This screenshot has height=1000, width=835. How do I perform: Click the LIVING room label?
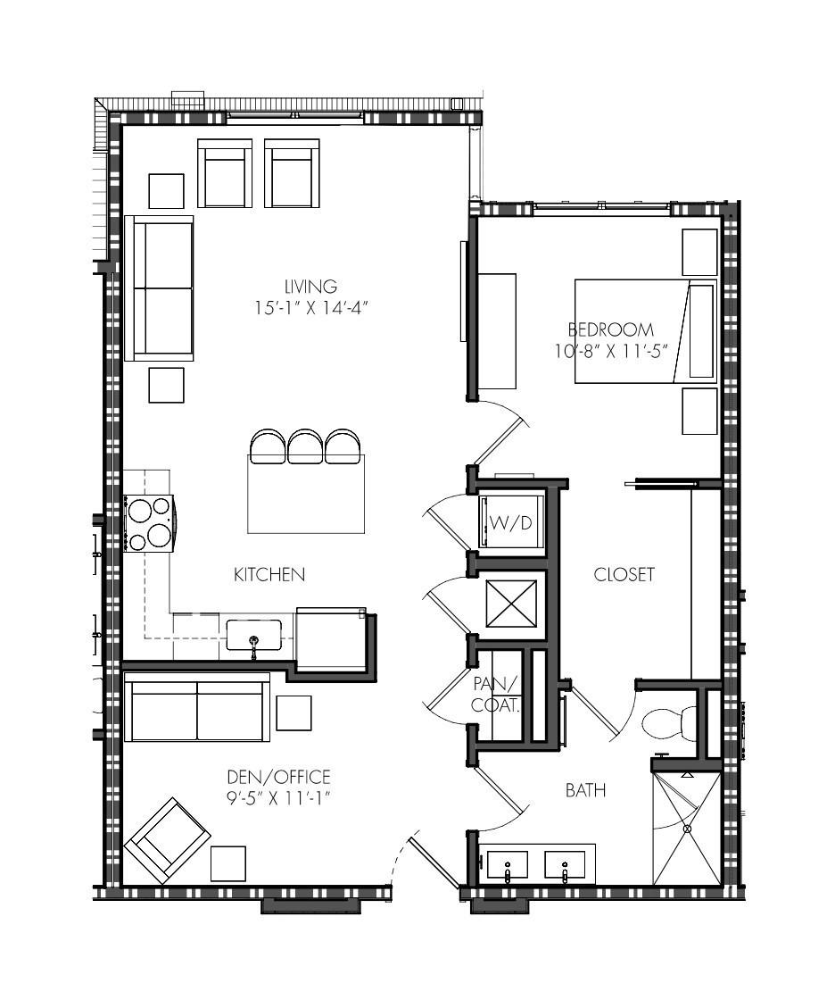[x=311, y=287]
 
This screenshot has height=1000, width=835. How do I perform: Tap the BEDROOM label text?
[x=610, y=329]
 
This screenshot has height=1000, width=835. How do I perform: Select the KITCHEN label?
[x=269, y=575]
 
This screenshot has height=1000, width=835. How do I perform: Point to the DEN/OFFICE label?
[x=278, y=777]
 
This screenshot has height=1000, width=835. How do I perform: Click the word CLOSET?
[x=624, y=575]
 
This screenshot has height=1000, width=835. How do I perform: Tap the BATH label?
[x=585, y=791]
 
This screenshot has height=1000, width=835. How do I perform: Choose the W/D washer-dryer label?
[x=510, y=523]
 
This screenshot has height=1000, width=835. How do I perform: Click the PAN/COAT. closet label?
[x=496, y=695]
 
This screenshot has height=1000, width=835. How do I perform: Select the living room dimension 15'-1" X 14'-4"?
[x=311, y=308]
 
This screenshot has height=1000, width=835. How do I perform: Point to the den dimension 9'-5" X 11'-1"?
[x=278, y=798]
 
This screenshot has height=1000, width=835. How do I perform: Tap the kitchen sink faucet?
[x=253, y=646]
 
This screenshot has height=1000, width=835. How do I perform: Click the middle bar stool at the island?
[x=305, y=446]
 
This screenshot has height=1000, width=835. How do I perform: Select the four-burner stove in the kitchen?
[x=150, y=523]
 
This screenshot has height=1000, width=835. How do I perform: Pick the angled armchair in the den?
[x=167, y=840]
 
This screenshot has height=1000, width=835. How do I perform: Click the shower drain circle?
[x=687, y=829]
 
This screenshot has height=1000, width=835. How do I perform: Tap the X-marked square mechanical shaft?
[x=511, y=603]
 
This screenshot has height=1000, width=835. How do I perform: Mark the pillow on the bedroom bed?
[x=701, y=331]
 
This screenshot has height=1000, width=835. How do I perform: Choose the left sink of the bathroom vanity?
[x=508, y=865]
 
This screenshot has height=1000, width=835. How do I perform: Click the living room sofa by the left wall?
[x=160, y=288]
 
